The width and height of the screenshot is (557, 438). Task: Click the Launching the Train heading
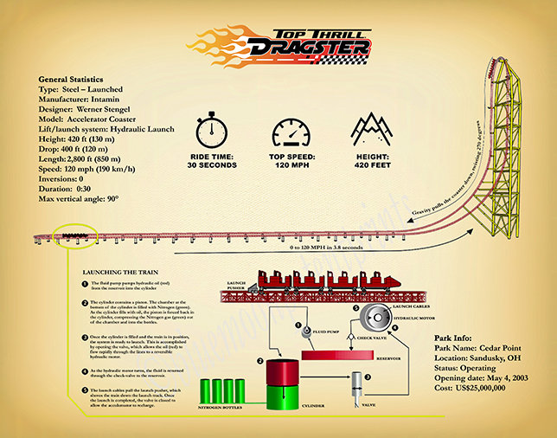[x=118, y=272]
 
